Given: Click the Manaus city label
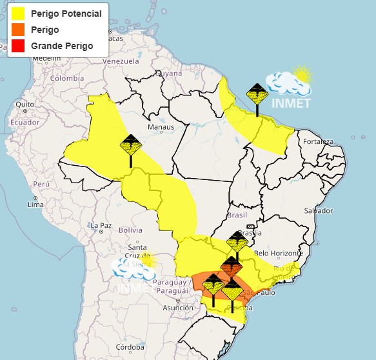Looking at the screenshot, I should (161, 127).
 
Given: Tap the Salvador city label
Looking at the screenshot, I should (319, 211).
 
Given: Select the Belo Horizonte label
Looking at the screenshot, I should (279, 253).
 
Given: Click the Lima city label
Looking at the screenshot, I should (35, 205).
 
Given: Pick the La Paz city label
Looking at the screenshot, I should (101, 226).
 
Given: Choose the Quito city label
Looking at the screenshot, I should (25, 104).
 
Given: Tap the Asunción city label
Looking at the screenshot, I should (177, 308).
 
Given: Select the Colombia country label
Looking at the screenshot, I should (68, 78).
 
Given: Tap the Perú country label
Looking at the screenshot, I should (41, 184).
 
